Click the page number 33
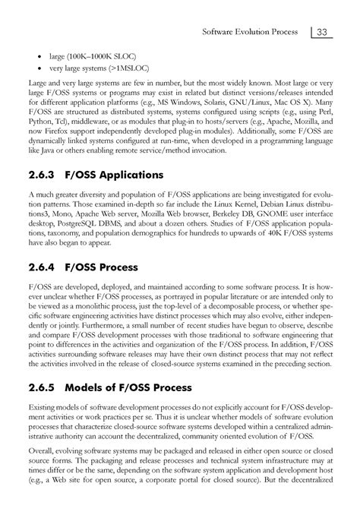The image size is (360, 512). (x=322, y=32)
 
